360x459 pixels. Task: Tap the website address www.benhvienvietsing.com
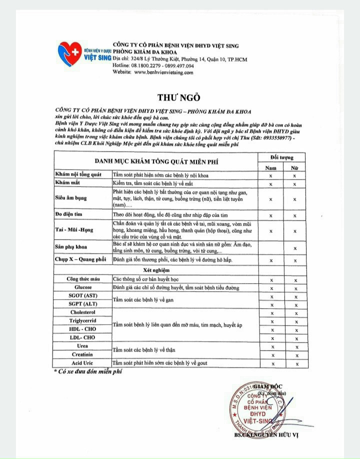click(163, 72)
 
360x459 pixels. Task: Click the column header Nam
click(270, 168)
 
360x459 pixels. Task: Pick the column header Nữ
click(294, 168)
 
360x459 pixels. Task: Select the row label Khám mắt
click(68, 183)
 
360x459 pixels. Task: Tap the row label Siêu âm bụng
click(70, 198)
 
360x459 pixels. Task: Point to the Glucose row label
click(83, 287)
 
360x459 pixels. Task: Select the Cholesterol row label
click(83, 312)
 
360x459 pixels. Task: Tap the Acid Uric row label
click(83, 363)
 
